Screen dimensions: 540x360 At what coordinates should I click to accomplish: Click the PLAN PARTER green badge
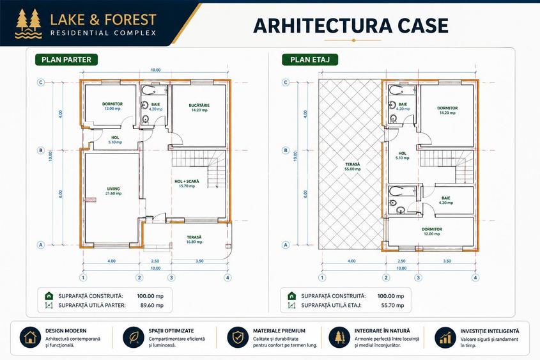[x=66, y=59]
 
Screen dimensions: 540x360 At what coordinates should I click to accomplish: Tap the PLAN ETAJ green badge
[x=310, y=59]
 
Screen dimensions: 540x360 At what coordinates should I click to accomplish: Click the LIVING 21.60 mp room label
[x=114, y=191]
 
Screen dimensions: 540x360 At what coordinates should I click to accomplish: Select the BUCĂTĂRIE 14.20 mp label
[x=199, y=108]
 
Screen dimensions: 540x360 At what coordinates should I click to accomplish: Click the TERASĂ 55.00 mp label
[x=353, y=167]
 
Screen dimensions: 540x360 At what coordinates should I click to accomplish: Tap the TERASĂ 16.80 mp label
[x=194, y=239]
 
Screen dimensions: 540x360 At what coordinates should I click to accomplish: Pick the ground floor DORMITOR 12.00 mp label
[x=112, y=106]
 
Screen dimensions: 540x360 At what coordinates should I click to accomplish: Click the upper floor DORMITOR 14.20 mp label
[x=447, y=110]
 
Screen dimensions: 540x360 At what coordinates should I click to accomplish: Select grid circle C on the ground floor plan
[x=41, y=82]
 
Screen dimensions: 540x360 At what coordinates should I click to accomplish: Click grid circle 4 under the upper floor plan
[x=475, y=278]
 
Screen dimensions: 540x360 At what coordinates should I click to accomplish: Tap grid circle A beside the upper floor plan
[x=286, y=245]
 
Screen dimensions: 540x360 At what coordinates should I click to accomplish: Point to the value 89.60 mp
[x=152, y=305]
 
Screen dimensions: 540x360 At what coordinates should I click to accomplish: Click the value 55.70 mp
[x=392, y=305]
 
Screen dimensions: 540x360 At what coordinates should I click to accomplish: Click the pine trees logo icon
[x=29, y=24]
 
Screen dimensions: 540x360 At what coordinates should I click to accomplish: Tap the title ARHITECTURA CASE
[x=351, y=26]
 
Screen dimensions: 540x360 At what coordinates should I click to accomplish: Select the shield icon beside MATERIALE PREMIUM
[x=238, y=337]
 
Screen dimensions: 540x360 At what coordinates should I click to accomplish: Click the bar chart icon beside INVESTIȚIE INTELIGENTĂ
[x=445, y=338]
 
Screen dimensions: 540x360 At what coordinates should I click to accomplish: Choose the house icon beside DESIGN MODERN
[x=30, y=337]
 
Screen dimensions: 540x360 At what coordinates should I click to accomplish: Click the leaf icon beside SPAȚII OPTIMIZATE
[x=134, y=337]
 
